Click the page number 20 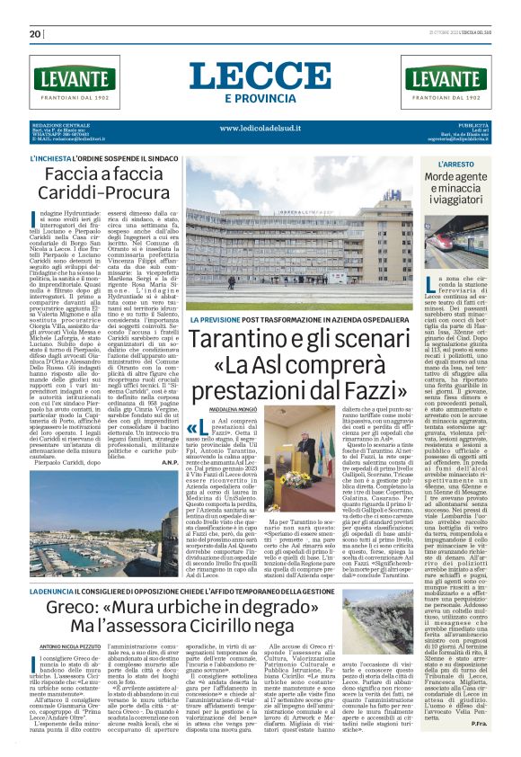point(35,34)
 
